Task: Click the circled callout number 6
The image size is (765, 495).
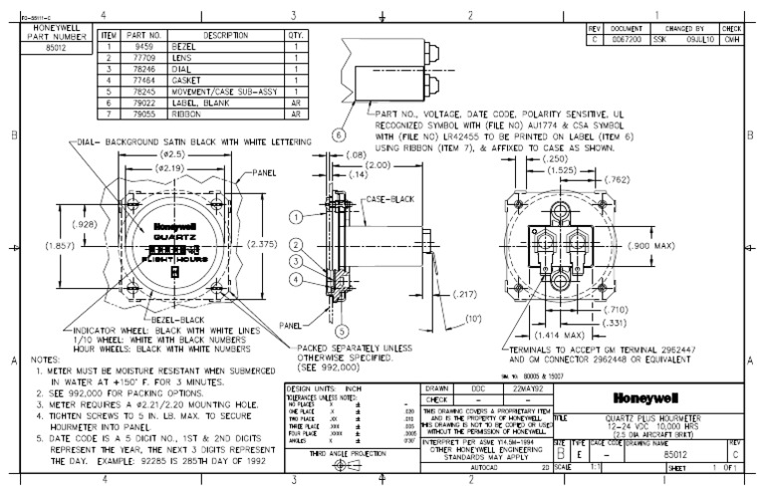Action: (x=338, y=134)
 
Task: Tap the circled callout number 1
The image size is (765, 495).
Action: (x=295, y=217)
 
